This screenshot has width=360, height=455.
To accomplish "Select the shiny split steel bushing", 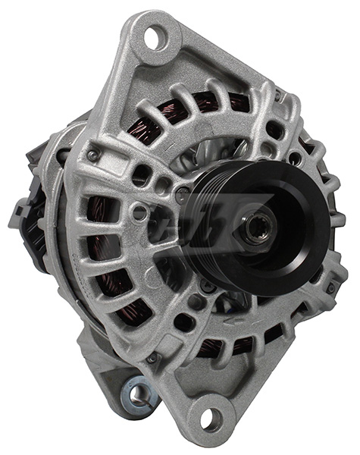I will click(x=138, y=391).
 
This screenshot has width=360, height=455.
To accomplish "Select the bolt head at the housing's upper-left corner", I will click(x=92, y=155).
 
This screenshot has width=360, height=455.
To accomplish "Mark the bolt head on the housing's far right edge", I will click(x=331, y=288).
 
